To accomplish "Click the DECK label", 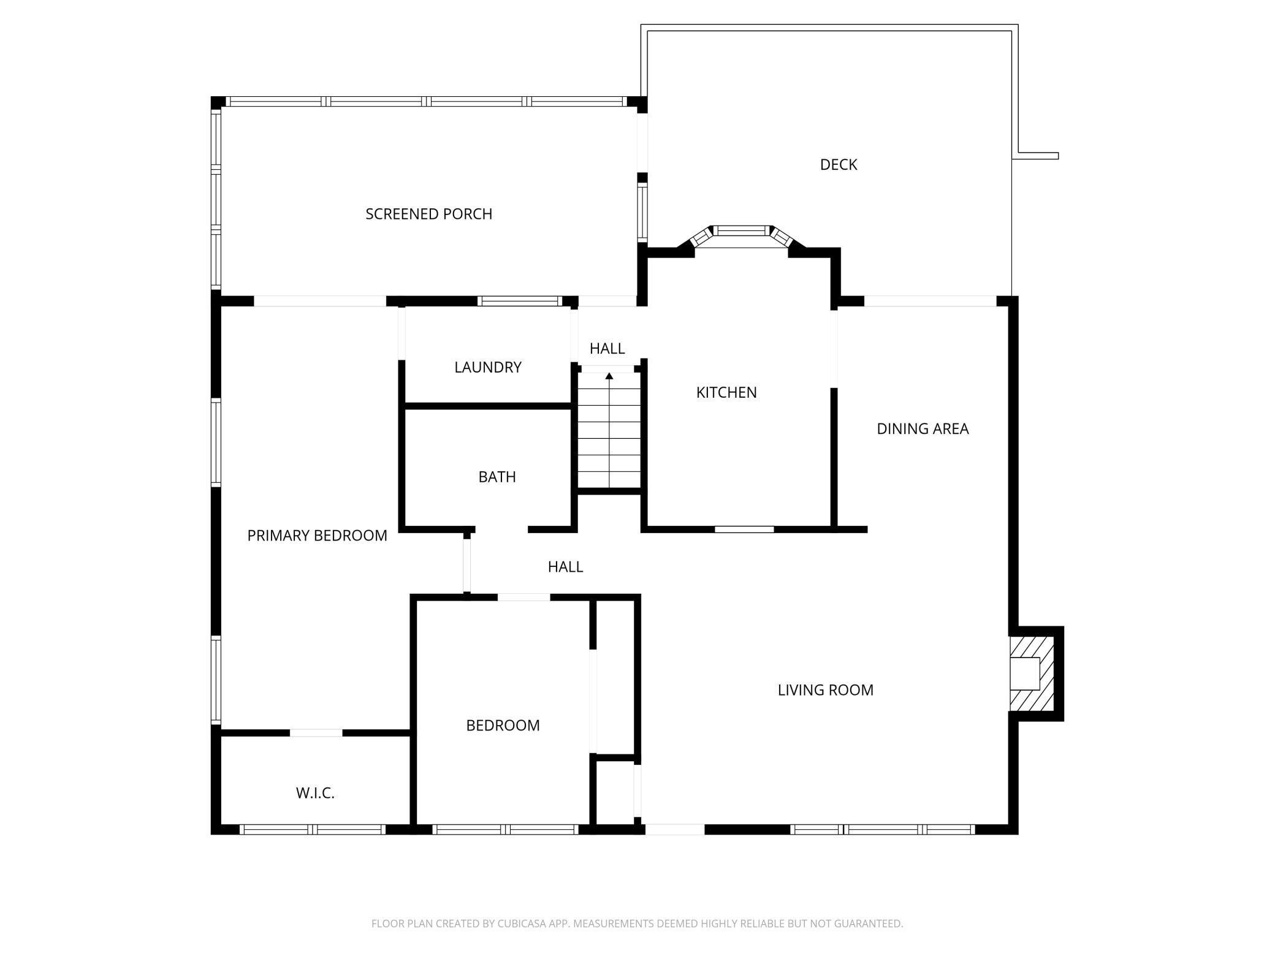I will (838, 164).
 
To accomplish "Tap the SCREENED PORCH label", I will (428, 214).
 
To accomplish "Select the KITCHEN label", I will (726, 392).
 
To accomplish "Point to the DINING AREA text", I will (922, 429).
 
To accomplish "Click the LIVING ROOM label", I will (825, 690).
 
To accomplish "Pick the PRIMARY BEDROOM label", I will (317, 536).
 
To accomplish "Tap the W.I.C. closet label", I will (315, 793).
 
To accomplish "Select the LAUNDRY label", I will (487, 367).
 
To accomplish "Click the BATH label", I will (497, 477).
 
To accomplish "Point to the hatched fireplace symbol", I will (1032, 673).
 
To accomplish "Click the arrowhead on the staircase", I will (609, 376).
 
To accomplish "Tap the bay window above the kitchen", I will (742, 231).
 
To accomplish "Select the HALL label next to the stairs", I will (607, 349).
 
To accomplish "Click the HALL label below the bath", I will (565, 567).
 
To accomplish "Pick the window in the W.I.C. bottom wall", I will (312, 829).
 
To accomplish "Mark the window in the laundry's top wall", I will (519, 301).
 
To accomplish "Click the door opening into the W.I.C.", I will (316, 733).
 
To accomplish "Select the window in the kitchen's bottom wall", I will (744, 529).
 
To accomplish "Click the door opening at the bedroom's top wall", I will (523, 597).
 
